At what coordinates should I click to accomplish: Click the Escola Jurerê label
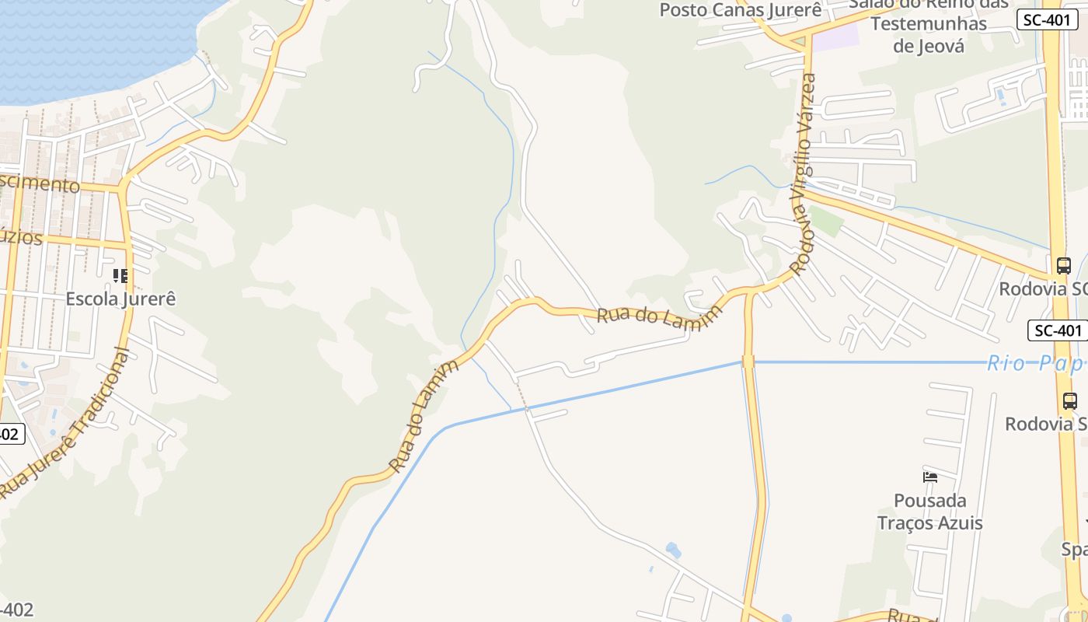tap(120, 299)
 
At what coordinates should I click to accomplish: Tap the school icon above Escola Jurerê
tap(120, 276)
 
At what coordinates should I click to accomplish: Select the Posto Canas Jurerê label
tap(740, 10)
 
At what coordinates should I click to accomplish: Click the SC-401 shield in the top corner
tap(1046, 20)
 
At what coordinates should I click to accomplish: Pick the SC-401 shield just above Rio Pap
tap(1057, 330)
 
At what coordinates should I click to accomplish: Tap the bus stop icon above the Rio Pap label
tap(1063, 265)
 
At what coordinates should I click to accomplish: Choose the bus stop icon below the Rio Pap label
tap(1070, 401)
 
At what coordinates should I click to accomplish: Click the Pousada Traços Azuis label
tap(929, 512)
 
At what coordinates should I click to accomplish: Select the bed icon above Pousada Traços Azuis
tap(929, 477)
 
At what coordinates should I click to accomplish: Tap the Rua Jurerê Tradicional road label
tap(67, 425)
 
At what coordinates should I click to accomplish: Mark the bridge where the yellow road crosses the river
tap(748, 362)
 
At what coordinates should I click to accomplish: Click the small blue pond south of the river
tap(673, 551)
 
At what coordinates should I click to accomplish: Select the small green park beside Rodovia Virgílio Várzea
tap(825, 221)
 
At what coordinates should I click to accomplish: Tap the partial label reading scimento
tap(39, 184)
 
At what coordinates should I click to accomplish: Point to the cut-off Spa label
tap(1076, 550)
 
